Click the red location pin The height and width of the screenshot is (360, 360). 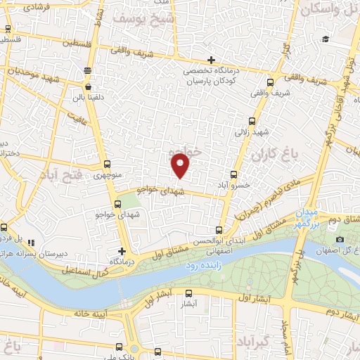(181, 165)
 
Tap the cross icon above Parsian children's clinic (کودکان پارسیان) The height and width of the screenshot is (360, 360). (211, 60)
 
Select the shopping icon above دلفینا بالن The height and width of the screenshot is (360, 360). (87, 70)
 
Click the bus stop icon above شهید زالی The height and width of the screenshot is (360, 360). (254, 120)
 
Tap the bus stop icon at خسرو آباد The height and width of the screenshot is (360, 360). (234, 175)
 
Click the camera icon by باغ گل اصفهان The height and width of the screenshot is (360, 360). (340, 239)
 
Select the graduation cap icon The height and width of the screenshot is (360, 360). (325, 39)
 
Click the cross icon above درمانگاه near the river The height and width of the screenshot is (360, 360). (122, 251)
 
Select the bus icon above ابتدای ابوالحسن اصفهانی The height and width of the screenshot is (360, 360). (219, 229)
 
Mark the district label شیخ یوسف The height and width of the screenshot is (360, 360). (156, 18)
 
